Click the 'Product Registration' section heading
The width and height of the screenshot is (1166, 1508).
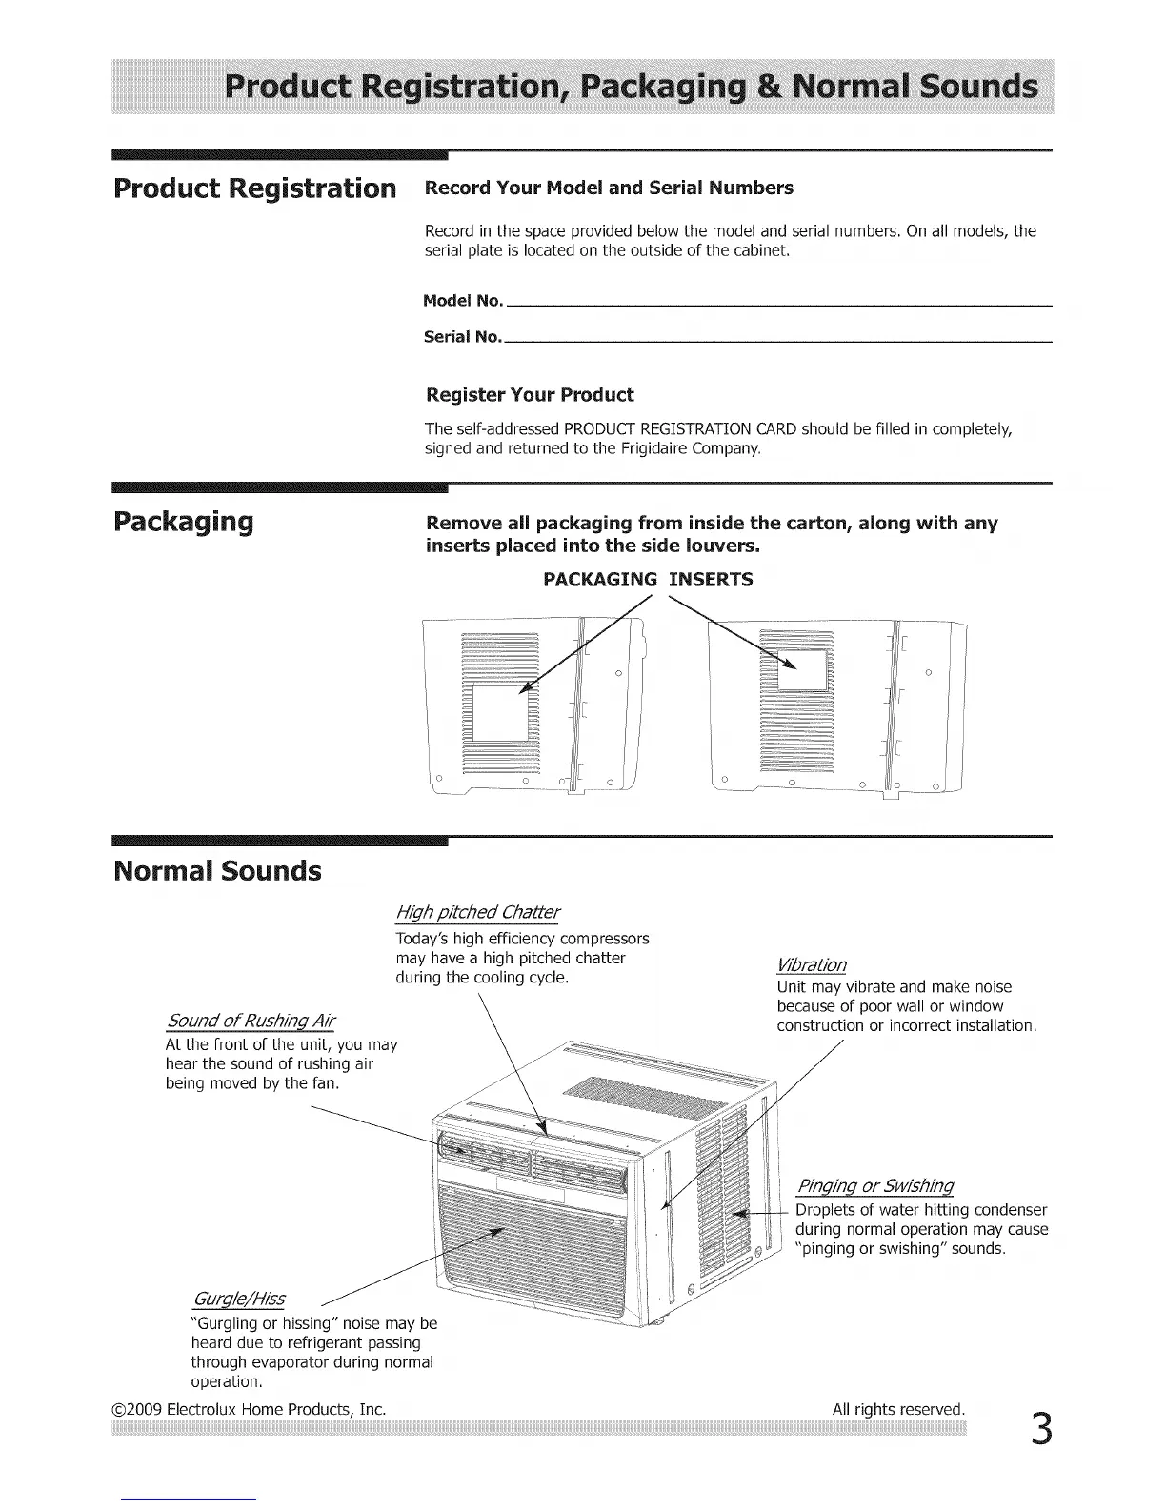pyautogui.click(x=253, y=188)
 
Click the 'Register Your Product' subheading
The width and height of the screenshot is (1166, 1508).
pyautogui.click(x=529, y=395)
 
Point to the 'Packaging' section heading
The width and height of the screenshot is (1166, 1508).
pyautogui.click(x=183, y=523)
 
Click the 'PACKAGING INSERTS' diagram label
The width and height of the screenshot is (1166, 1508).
pyautogui.click(x=648, y=580)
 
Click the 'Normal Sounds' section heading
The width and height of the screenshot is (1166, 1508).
pyautogui.click(x=217, y=871)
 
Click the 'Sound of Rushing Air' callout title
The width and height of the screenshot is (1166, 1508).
pyautogui.click(x=251, y=1022)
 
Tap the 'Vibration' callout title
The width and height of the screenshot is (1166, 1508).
pyautogui.click(x=812, y=964)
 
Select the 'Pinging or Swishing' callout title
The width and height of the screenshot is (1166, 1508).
pyautogui.click(x=874, y=1186)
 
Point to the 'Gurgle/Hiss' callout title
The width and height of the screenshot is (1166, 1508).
pyautogui.click(x=238, y=1300)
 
